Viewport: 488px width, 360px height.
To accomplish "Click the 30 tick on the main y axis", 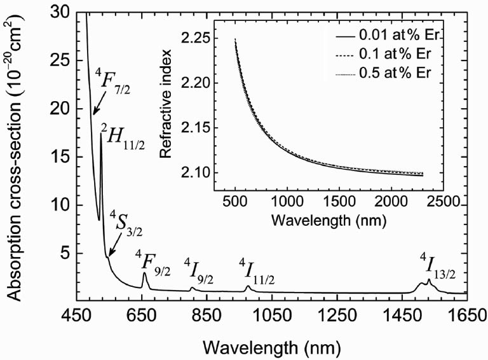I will [55, 12].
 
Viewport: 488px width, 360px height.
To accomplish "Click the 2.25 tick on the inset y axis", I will [194, 38].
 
